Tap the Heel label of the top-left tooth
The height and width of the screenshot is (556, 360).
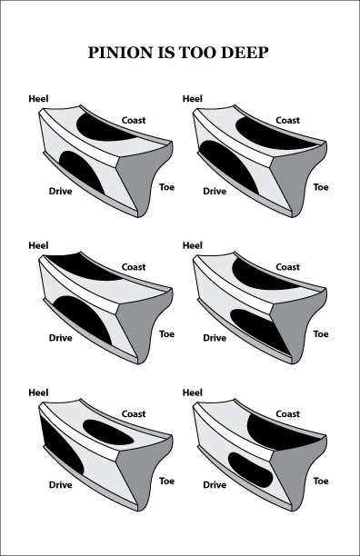[x=38, y=99]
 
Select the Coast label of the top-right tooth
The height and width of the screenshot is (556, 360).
[x=287, y=121]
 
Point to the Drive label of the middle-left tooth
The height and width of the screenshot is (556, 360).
[x=60, y=338]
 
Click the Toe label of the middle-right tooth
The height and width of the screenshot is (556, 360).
[x=321, y=334]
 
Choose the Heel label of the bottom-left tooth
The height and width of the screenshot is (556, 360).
[x=38, y=392]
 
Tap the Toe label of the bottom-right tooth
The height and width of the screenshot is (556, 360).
[x=321, y=482]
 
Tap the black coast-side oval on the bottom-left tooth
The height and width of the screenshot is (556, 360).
[x=107, y=431]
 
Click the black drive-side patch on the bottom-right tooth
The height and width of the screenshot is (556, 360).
[x=250, y=469]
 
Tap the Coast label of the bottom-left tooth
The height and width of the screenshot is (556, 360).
[x=134, y=414]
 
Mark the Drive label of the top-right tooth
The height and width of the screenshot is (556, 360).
[x=215, y=192]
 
